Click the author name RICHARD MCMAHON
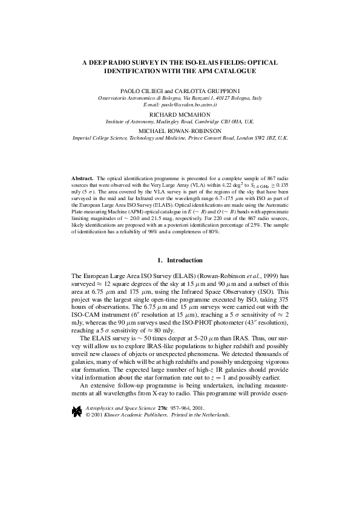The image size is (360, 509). point(180,114)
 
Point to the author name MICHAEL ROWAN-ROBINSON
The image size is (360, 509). point(180,131)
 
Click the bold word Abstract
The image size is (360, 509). point(80,180)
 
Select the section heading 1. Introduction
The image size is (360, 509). point(180,260)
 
